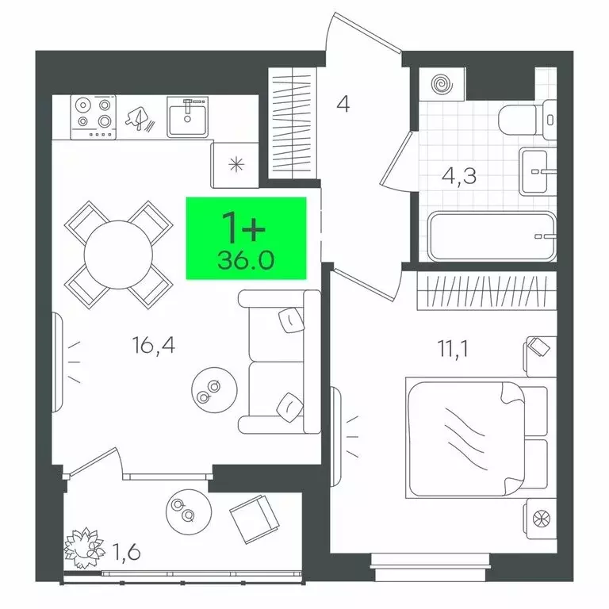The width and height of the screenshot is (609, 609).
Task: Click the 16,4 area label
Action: (x=154, y=345)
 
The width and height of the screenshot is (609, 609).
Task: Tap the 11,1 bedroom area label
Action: (x=453, y=348)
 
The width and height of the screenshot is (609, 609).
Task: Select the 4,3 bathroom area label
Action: (x=458, y=176)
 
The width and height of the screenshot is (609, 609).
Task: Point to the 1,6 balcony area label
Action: (x=126, y=552)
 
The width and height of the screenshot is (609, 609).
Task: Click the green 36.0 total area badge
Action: (x=247, y=238)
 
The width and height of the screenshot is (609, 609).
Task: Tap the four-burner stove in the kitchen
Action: (x=94, y=117)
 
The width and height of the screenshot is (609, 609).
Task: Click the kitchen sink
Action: (x=188, y=117)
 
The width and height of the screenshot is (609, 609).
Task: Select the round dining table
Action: (x=118, y=255)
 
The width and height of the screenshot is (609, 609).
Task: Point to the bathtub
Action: (x=492, y=236)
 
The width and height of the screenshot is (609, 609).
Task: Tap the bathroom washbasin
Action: (x=538, y=171)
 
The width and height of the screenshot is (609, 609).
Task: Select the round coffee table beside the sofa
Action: (x=214, y=390)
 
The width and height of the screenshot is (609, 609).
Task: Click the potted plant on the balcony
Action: (x=84, y=548)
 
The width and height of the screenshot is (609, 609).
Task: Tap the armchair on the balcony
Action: (x=255, y=519)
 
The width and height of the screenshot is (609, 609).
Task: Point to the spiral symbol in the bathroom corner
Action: (x=442, y=84)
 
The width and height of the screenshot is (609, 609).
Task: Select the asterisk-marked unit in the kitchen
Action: (x=236, y=165)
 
